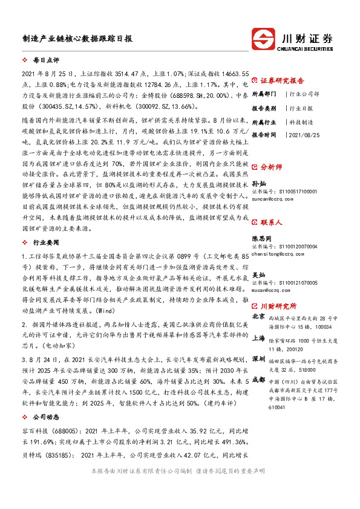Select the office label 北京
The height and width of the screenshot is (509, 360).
pos(258,316)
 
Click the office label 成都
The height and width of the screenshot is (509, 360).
pos(258,380)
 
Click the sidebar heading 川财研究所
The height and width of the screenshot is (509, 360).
pos(278,306)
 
